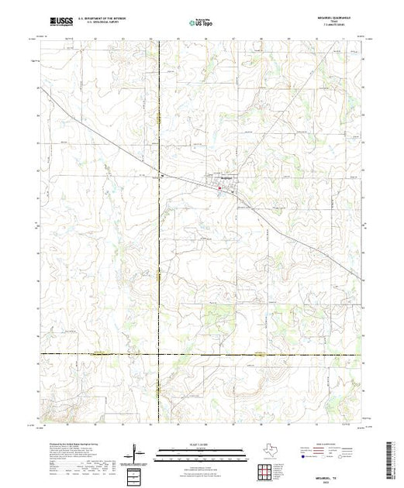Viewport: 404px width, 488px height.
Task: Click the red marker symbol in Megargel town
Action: (219, 187)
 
